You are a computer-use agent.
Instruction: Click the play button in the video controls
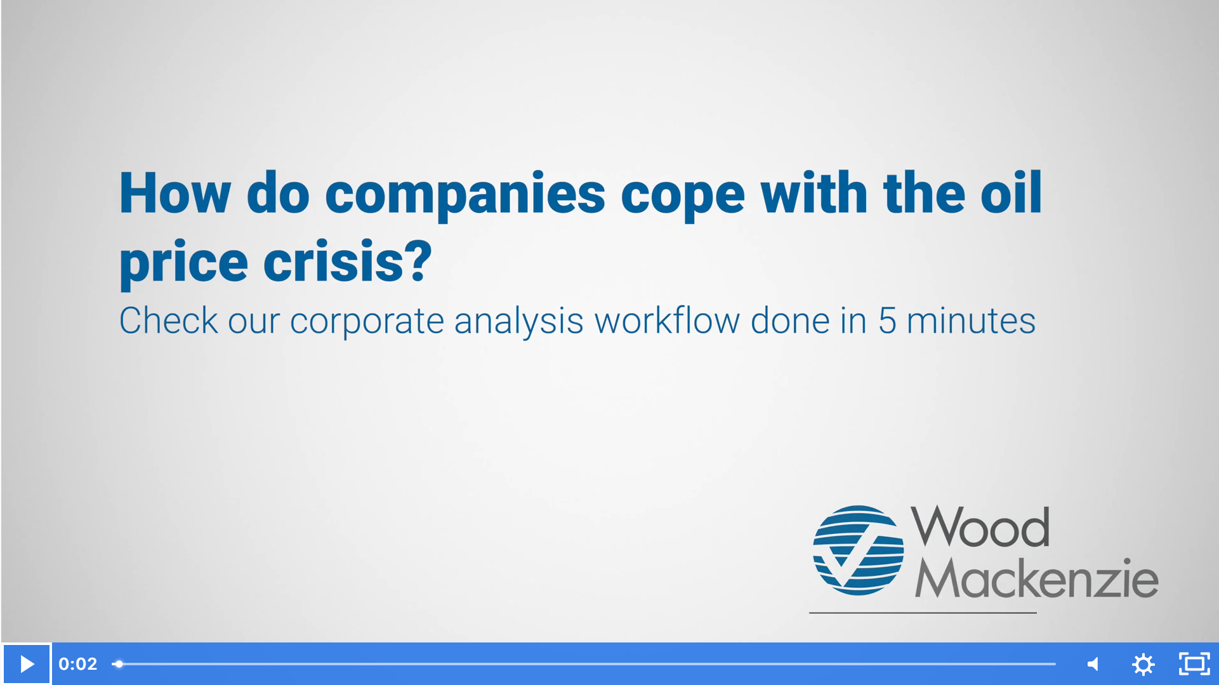pos(27,664)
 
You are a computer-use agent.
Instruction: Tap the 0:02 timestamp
pos(78,664)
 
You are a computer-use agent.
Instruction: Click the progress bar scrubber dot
pos(119,664)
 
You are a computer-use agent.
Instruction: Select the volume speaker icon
pos(1093,664)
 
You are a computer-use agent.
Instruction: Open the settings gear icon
pos(1143,664)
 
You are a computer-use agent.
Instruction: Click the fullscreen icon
pos(1194,664)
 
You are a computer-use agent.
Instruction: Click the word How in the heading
pos(175,193)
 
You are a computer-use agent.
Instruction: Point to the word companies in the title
pos(465,194)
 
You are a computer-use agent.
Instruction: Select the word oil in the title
pos(1011,193)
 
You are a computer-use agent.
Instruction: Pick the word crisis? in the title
pos(348,262)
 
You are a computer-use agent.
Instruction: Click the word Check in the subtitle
pos(169,321)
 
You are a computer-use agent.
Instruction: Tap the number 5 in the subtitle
pos(887,321)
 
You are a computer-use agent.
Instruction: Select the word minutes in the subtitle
pos(971,321)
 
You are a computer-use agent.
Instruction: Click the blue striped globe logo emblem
pos(858,550)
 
